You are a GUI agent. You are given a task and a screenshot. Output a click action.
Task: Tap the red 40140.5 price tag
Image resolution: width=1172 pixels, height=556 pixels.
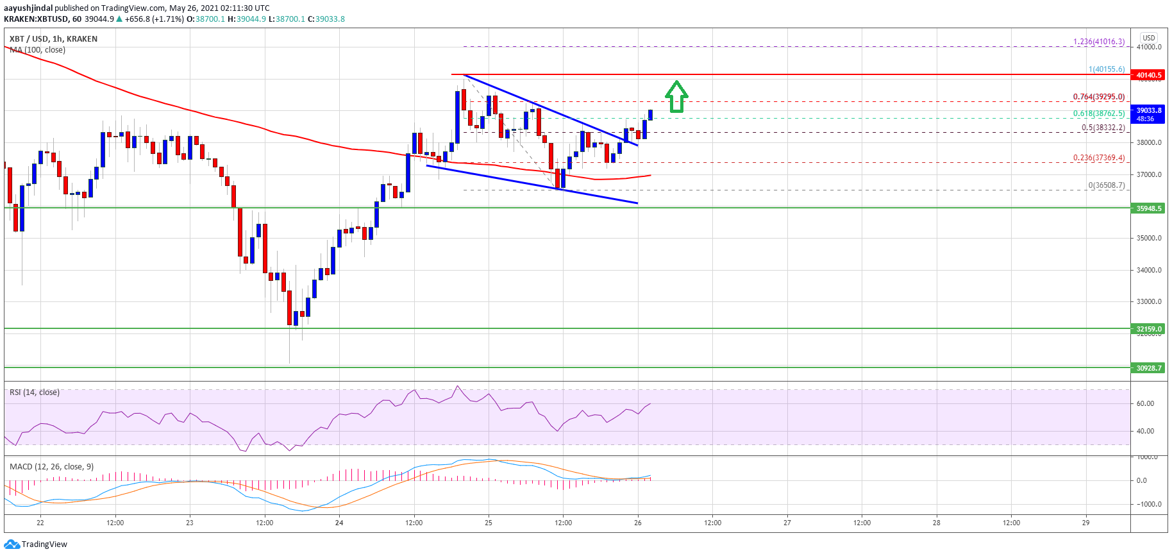(1148, 75)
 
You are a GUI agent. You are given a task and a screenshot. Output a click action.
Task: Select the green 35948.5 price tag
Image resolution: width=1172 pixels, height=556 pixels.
(1148, 208)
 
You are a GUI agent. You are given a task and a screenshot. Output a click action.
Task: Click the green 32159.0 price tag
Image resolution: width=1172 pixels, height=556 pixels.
(1148, 329)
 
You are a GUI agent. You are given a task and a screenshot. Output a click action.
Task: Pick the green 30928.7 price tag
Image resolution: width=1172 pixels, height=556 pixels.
(1148, 368)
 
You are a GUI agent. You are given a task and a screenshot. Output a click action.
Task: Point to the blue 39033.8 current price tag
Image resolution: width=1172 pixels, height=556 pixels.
(1148, 114)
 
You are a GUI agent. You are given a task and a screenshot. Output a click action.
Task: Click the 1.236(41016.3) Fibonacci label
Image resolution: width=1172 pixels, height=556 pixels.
(1098, 42)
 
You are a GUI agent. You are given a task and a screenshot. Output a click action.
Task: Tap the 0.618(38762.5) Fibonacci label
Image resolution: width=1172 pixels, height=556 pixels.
(1098, 114)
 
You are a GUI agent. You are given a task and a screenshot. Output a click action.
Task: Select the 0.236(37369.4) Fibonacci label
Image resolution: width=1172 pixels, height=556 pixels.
(1098, 158)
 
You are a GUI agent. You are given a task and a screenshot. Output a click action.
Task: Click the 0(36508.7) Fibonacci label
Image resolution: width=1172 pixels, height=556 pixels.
(1106, 185)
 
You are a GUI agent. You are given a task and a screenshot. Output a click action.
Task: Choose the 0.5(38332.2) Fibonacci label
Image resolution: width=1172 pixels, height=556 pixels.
(1103, 128)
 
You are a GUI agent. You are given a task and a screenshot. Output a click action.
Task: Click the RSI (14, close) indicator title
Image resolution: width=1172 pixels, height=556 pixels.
(35, 392)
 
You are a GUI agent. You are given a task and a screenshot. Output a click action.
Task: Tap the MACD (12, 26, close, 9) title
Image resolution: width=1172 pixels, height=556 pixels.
(51, 467)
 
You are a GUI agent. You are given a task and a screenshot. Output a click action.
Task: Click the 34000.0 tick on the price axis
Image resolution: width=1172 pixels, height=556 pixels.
(1148, 270)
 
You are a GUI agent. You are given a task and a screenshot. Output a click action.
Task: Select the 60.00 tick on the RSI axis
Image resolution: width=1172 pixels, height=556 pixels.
(1145, 403)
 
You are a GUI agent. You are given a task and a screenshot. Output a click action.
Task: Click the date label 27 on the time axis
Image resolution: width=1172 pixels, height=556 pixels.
(787, 523)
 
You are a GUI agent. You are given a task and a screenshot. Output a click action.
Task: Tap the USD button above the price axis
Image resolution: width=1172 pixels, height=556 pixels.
(1148, 38)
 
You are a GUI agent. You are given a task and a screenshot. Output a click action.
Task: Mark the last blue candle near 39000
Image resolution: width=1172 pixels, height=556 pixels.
(650, 115)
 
